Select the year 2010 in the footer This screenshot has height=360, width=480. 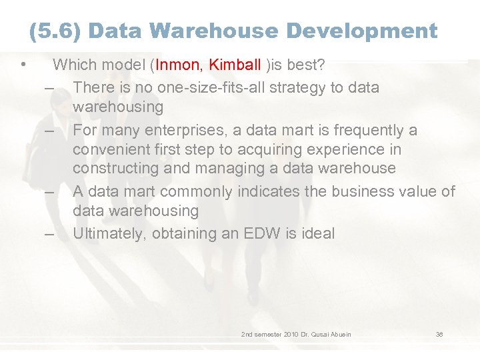(x=287, y=334)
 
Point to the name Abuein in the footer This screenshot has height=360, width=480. (x=339, y=334)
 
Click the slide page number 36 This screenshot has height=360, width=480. (x=439, y=334)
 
